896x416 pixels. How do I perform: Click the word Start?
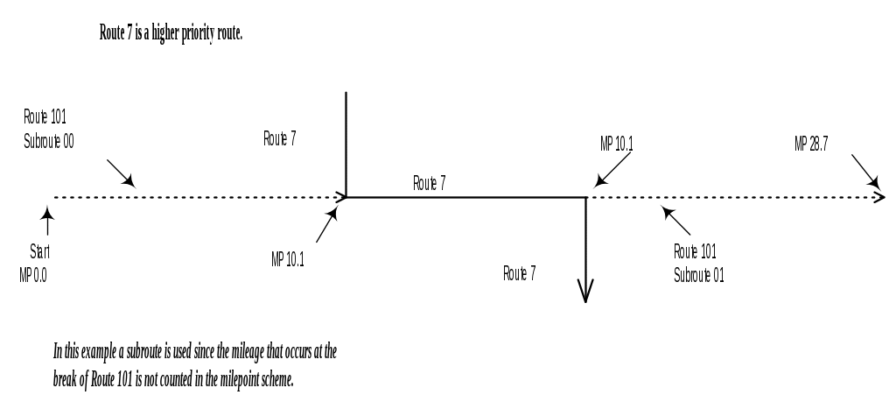[40, 251]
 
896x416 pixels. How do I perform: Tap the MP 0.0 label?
[34, 274]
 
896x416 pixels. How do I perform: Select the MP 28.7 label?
[811, 145]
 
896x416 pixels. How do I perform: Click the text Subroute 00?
[48, 140]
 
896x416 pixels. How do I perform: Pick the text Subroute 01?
[698, 274]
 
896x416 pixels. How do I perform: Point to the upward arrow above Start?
[46, 219]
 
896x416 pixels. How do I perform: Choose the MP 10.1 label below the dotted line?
[288, 259]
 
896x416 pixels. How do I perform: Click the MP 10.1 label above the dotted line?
[616, 145]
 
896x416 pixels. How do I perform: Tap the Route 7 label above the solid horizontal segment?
[430, 183]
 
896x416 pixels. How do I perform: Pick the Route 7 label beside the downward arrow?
[520, 273]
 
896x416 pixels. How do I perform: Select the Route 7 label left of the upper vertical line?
[280, 138]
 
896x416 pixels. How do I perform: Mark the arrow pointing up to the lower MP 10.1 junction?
[326, 227]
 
